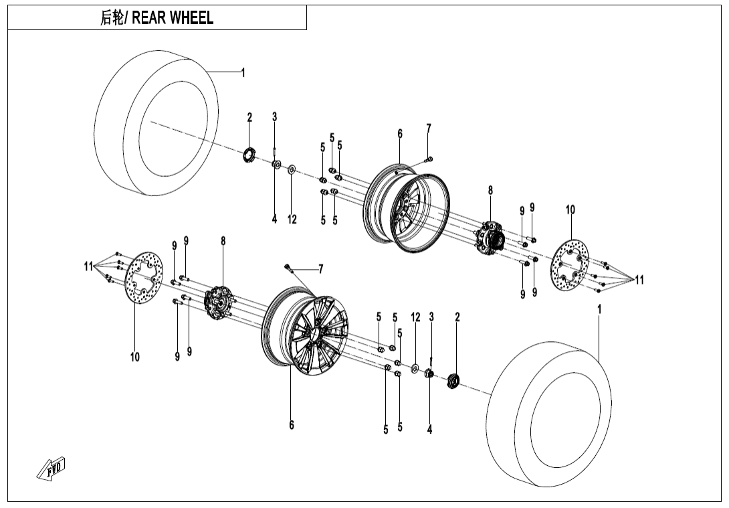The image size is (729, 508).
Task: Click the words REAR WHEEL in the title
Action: [173, 18]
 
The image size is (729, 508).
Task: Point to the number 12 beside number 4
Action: [292, 220]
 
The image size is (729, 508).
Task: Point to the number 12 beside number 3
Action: [415, 317]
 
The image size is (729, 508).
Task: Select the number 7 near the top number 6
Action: [429, 129]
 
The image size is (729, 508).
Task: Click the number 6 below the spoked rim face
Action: [292, 425]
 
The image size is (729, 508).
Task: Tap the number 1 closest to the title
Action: [243, 73]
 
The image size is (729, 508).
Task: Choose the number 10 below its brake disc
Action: [135, 357]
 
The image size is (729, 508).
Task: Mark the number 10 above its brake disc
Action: [570, 210]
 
